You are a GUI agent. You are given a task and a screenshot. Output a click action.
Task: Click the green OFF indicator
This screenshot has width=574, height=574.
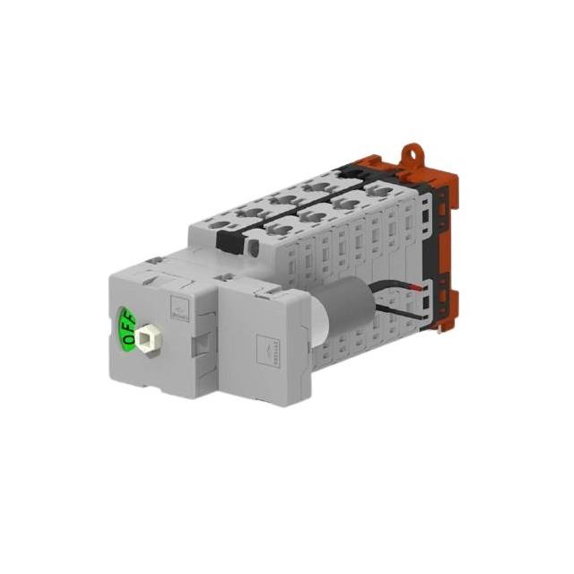pos(126,328)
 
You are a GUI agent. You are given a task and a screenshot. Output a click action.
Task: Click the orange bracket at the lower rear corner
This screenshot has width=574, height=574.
pos(446,309)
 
